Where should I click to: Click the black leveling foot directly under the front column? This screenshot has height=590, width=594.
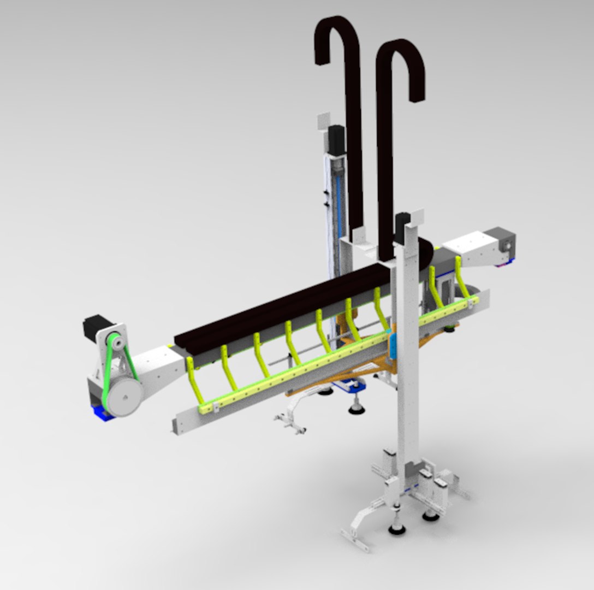pyautogui.click(x=397, y=527)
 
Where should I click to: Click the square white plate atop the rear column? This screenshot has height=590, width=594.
pyautogui.click(x=324, y=121)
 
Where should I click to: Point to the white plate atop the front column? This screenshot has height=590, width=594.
pyautogui.click(x=417, y=217)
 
